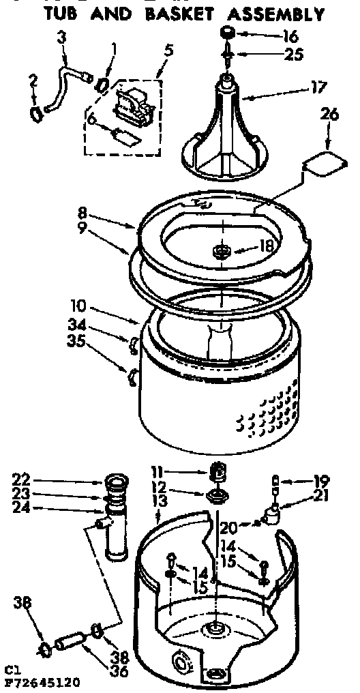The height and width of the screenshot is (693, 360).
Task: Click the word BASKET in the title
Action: click(176, 14)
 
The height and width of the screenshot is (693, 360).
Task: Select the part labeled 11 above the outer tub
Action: click(216, 471)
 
